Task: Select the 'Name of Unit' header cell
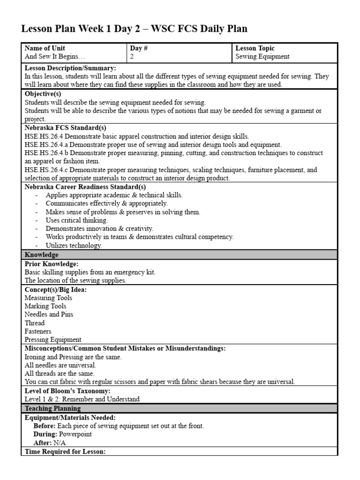[45, 48]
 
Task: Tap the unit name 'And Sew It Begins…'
[55, 57]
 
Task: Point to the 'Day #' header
[139, 48]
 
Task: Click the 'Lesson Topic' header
[255, 48]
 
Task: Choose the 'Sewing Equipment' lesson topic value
[262, 57]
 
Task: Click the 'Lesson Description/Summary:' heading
[70, 68]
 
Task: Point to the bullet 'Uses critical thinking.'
[76, 220]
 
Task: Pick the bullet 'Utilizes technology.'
[74, 246]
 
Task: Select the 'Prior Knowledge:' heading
[51, 264]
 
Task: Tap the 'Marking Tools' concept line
[45, 306]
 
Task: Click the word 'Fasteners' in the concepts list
[38, 331]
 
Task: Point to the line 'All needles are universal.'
[60, 365]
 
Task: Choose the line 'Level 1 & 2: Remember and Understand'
[82, 399]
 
